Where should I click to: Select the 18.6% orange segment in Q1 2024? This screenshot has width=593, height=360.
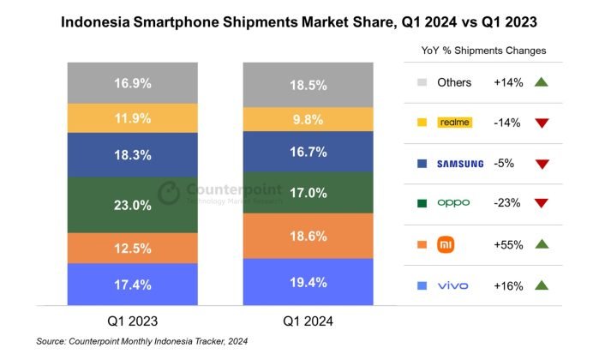pos(308,235)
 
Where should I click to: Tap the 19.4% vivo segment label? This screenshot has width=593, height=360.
pos(308,281)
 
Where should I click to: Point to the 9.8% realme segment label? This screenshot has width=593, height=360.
pos(308,120)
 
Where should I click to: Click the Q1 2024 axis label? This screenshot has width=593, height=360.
pos(307,321)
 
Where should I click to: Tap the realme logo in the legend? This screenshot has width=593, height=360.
pos(454,123)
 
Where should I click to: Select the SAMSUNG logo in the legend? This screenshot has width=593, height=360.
pos(460,164)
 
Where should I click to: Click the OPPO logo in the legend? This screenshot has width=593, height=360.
pos(454,204)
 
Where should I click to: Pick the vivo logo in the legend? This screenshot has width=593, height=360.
pos(453,285)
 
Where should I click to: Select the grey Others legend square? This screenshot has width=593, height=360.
pos(420,83)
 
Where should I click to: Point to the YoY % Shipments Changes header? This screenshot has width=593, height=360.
pos(484,51)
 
